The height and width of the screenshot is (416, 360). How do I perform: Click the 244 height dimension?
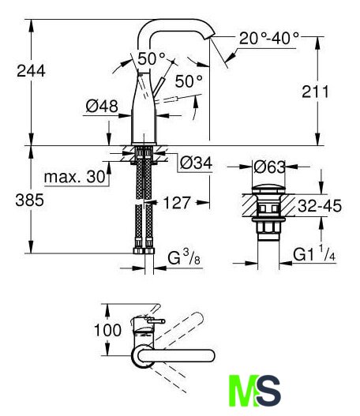(x=31, y=71)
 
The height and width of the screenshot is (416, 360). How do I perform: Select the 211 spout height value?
(x=316, y=92)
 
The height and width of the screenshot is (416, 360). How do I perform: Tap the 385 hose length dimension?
(x=30, y=200)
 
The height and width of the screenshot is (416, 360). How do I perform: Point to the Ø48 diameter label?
(x=102, y=106)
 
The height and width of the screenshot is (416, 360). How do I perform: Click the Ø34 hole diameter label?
(x=196, y=163)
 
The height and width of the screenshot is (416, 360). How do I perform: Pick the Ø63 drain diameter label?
(x=269, y=167)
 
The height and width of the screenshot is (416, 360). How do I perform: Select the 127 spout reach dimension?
(x=177, y=203)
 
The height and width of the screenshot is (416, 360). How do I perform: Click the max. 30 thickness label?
(x=75, y=177)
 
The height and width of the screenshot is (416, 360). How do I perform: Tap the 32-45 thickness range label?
(x=320, y=206)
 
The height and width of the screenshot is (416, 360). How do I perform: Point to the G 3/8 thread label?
(x=184, y=257)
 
